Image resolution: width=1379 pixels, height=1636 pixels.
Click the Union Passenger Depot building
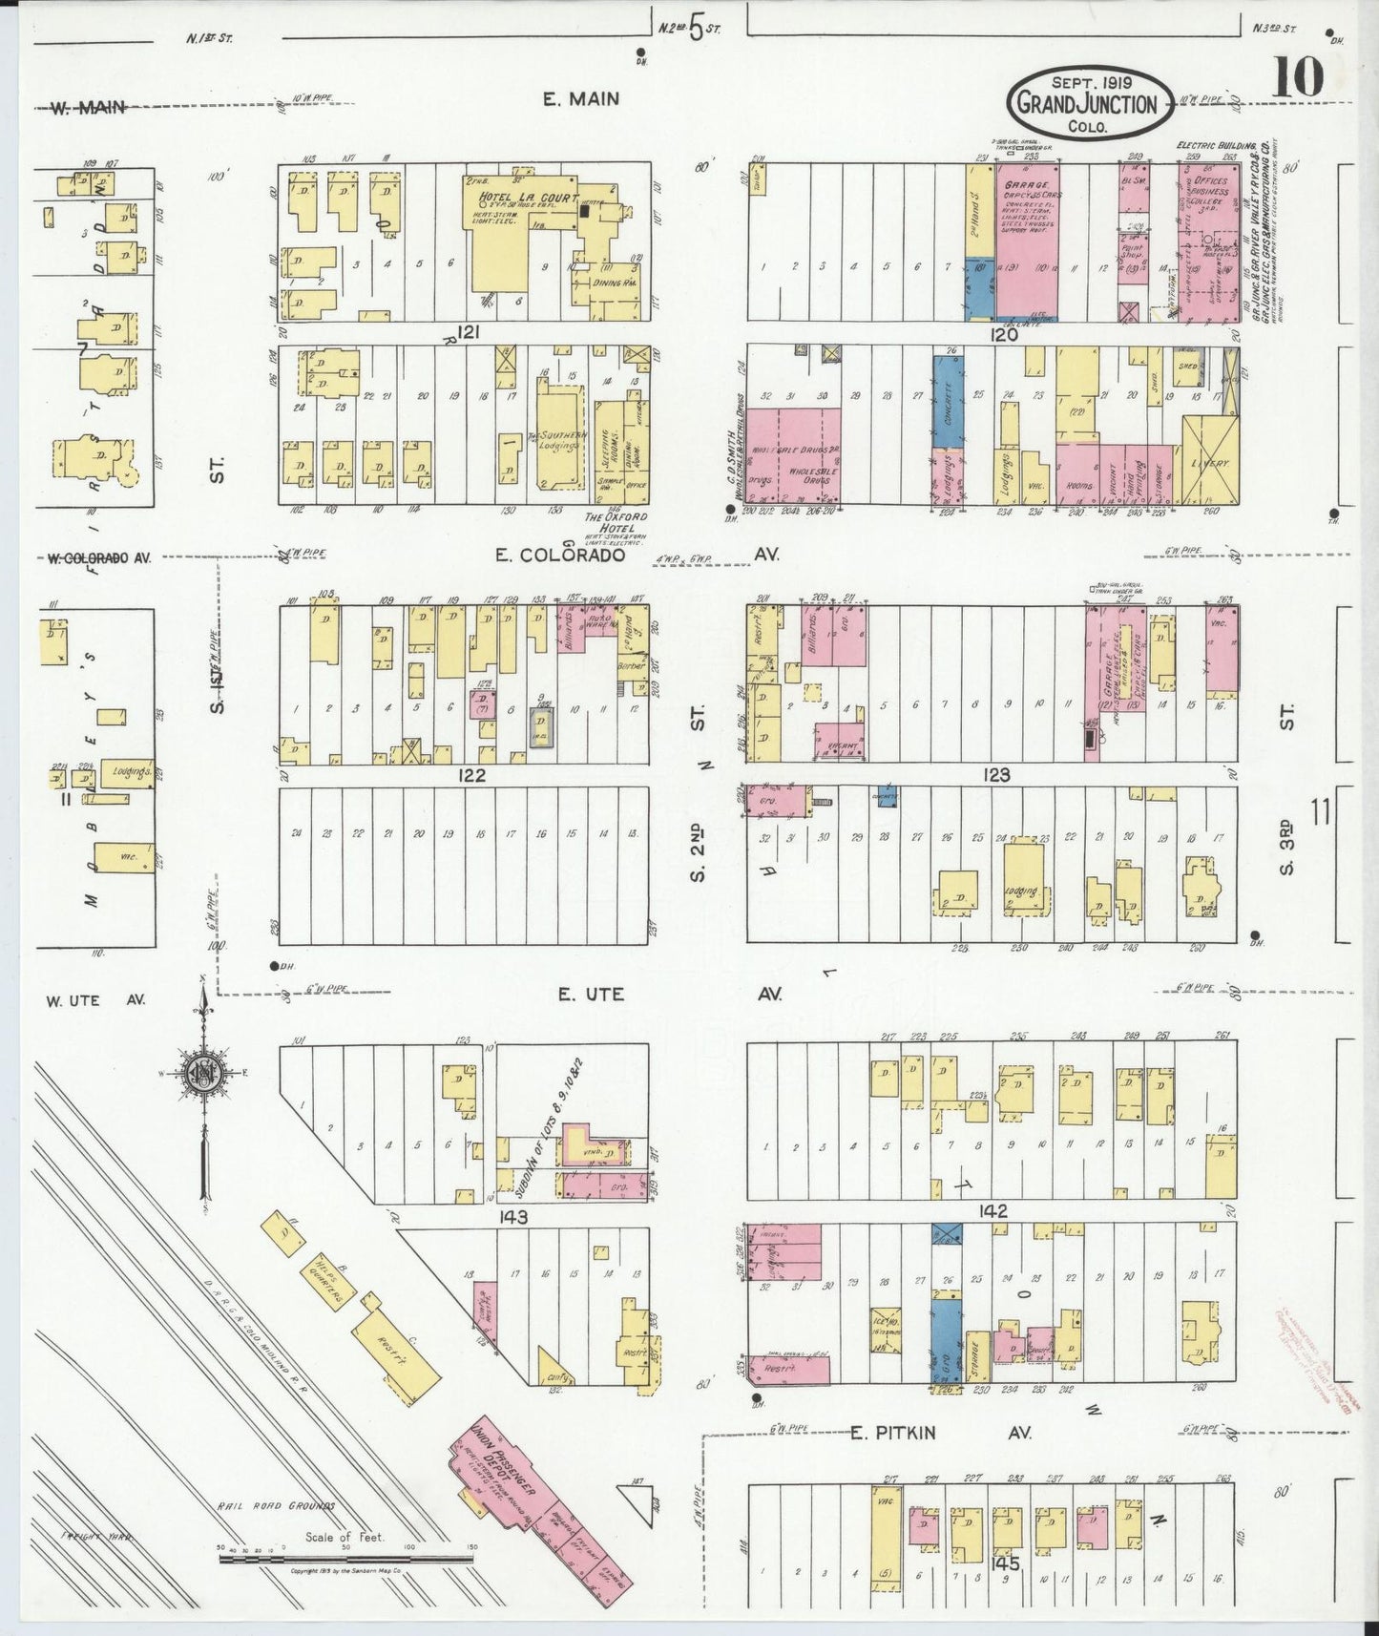(x=540, y=1496)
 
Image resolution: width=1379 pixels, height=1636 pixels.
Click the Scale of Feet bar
(x=346, y=1559)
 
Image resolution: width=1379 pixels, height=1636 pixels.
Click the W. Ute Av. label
(x=95, y=1000)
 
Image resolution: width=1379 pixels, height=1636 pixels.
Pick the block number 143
(x=512, y=1217)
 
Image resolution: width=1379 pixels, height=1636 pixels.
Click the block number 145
(x=1006, y=1564)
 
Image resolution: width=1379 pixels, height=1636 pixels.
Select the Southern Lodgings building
(x=559, y=438)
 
